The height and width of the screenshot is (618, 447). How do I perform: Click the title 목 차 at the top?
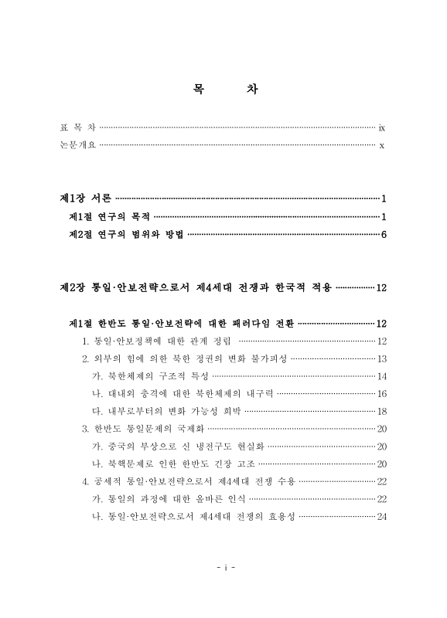(224, 89)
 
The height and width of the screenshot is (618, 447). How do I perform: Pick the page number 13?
(381, 359)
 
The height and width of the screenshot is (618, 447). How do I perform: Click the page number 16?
(381, 394)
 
